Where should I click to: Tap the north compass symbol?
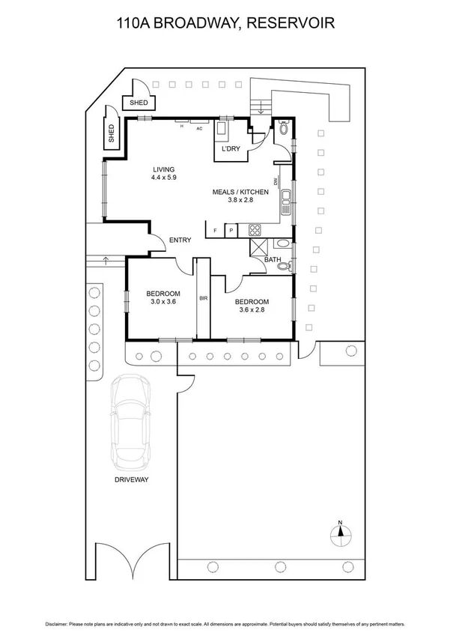coord(340,533)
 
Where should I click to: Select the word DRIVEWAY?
coord(133,479)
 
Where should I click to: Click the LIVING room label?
coord(162,169)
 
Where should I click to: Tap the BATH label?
coord(272,261)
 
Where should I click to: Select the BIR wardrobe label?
coord(203,298)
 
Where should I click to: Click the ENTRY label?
coord(180,240)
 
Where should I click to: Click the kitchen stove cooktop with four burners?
coord(255,230)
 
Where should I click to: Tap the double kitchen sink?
coord(285,201)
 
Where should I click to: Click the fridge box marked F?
coord(216,231)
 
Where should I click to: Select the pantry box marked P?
coord(231,231)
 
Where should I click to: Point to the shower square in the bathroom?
coord(258,246)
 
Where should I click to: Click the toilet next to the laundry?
coord(282,129)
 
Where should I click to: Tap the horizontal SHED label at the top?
coord(139,103)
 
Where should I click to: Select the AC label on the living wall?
coord(199,128)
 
